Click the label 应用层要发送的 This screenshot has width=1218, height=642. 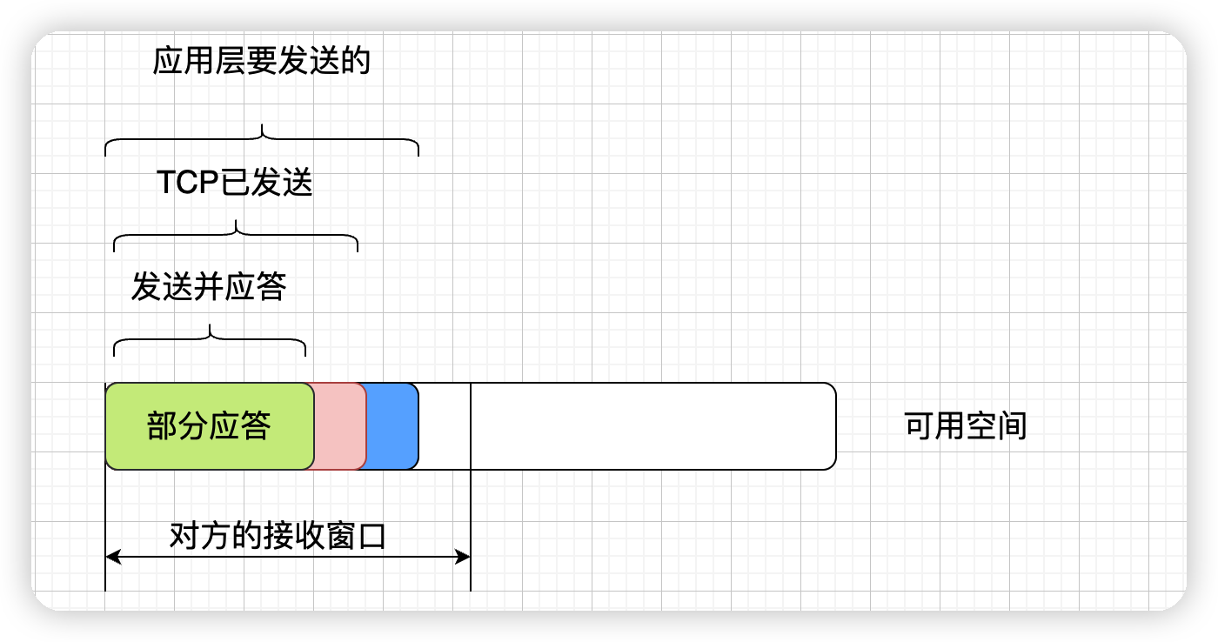(x=262, y=62)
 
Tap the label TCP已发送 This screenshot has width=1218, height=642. (x=234, y=184)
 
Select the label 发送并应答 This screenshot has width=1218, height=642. (x=209, y=286)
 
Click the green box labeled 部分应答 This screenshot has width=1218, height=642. (x=209, y=426)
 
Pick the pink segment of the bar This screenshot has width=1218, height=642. (x=340, y=426)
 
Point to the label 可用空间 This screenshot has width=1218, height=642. (x=966, y=426)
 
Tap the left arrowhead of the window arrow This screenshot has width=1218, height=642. (x=111, y=557)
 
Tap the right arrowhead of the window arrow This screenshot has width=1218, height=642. (x=464, y=557)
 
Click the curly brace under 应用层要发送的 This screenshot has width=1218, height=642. (x=262, y=138)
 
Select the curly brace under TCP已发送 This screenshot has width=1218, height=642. (x=236, y=234)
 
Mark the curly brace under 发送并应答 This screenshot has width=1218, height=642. (x=210, y=338)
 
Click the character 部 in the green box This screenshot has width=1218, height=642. (x=163, y=426)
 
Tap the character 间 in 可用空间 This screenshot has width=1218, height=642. (x=1012, y=426)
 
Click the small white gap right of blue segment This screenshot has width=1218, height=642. (x=445, y=426)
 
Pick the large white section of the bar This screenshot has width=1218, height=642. (x=652, y=426)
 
